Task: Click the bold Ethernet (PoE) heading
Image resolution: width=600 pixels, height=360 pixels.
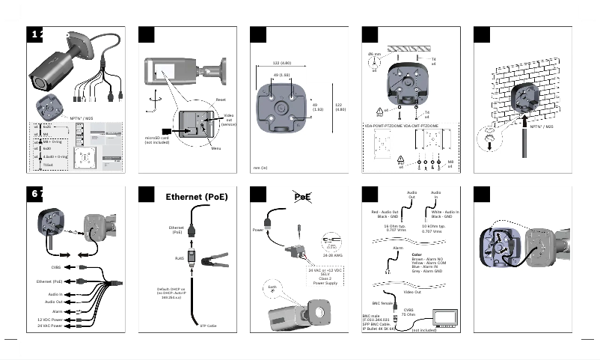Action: click(196, 198)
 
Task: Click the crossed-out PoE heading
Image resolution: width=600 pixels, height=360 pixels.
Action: click(303, 196)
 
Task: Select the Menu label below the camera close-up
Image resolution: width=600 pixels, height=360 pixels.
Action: click(216, 148)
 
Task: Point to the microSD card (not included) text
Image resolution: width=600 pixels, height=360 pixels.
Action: click(156, 139)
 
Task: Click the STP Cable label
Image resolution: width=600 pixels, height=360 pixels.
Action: click(208, 326)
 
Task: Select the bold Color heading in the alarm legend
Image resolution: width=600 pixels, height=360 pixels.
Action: click(417, 254)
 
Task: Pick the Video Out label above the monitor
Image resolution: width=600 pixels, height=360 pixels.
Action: click(423, 292)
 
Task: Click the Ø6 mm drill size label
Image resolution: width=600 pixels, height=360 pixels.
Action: click(374, 55)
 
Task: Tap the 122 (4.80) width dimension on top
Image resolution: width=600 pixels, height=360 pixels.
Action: click(281, 63)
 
